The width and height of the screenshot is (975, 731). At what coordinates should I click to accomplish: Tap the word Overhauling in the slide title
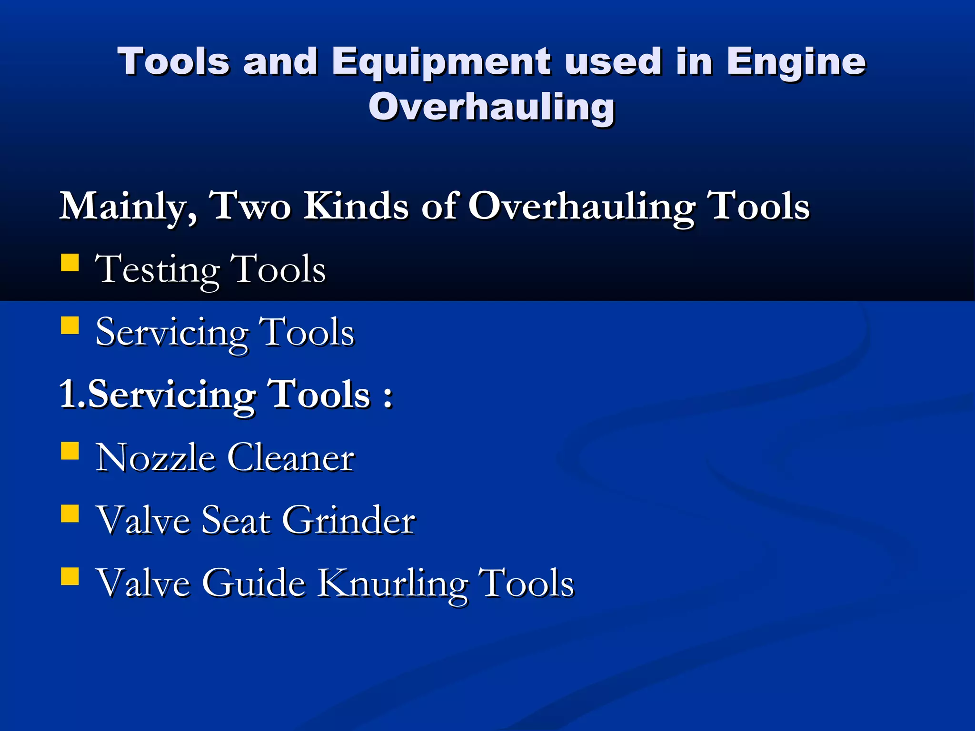pos(491,107)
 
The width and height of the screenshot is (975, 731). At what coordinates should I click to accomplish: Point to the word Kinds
pos(357,206)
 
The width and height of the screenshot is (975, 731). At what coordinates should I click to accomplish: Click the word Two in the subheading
pos(251,206)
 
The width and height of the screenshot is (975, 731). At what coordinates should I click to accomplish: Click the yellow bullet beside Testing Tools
pos(70,262)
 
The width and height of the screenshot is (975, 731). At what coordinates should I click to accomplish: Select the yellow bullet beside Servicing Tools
pos(70,326)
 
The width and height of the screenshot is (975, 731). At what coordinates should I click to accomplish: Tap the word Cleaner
pos(291,457)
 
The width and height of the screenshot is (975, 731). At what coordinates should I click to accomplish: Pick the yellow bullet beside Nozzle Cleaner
pos(70,451)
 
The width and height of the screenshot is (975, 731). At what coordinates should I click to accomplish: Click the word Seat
pos(236,520)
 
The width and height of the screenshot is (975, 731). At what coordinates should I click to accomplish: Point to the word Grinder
pos(348,520)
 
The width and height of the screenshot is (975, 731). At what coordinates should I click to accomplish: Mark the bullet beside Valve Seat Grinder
pos(70,514)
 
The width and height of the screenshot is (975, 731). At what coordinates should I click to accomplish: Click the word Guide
pos(253,583)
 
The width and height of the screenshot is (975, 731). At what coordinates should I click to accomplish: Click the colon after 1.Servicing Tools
pos(388,396)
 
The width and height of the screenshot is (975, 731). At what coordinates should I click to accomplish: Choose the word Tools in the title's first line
pos(174,62)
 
